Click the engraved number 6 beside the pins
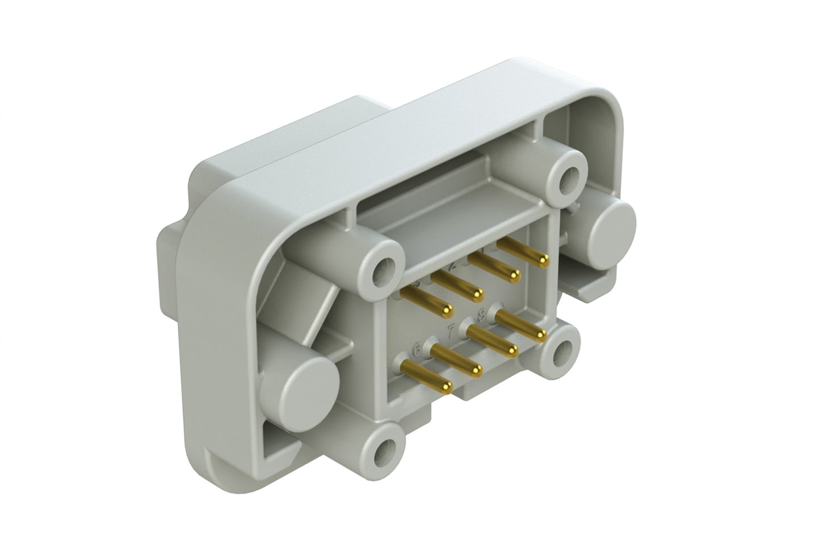click(x=418, y=349)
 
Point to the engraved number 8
click(x=482, y=312)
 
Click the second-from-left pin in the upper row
click(x=457, y=284)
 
